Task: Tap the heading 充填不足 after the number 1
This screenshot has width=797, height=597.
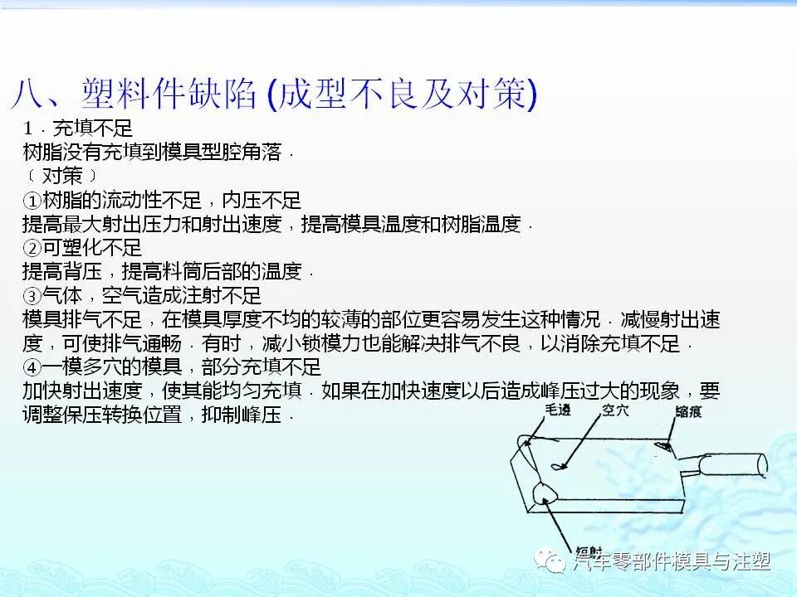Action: tap(92, 129)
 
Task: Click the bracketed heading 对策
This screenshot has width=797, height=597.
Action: tap(61, 177)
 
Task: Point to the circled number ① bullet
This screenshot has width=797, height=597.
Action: tap(32, 201)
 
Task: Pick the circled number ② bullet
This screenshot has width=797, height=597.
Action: tap(32, 248)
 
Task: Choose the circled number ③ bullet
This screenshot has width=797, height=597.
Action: tap(32, 296)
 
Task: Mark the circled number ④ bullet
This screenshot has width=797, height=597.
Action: tap(32, 367)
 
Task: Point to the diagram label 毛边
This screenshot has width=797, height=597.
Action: tap(558, 410)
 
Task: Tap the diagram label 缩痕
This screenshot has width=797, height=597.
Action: tap(689, 411)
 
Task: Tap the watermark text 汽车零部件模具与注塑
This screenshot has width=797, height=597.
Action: tap(672, 562)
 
